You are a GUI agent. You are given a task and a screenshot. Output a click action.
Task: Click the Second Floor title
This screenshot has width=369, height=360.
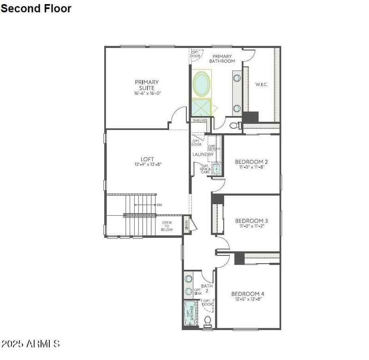point(36,8)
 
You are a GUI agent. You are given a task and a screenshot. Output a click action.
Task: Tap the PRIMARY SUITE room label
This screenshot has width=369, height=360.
point(147,85)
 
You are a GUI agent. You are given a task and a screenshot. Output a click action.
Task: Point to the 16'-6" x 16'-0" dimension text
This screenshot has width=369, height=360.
point(147,93)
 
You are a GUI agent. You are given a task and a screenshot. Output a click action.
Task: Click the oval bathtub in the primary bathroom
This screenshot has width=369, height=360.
point(202,84)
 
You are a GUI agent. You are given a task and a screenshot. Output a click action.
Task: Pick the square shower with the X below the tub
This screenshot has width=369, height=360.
point(201,108)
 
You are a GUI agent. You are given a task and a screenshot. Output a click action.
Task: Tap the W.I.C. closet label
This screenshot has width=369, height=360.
point(262,84)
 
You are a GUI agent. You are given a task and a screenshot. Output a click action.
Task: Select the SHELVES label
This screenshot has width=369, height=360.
point(200,120)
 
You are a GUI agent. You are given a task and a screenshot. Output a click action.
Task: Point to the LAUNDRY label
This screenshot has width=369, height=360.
point(203,154)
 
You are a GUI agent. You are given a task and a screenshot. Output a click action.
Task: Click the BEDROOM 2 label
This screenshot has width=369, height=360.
point(251,162)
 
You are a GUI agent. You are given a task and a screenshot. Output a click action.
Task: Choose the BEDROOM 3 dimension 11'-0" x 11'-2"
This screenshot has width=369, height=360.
point(251,226)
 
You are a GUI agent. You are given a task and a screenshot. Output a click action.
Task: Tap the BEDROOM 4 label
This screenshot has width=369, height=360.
point(248,294)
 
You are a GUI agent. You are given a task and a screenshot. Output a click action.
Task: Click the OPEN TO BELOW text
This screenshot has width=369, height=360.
point(167,226)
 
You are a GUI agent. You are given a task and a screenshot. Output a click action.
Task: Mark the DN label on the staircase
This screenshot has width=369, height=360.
point(160,205)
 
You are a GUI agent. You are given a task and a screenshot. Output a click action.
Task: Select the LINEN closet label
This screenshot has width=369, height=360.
point(187,225)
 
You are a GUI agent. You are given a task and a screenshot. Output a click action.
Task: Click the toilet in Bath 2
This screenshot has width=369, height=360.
point(208,320)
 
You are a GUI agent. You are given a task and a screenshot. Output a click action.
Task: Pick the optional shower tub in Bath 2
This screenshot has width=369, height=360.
point(190,313)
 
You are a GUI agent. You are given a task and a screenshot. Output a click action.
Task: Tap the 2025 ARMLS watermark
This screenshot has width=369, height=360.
point(30,344)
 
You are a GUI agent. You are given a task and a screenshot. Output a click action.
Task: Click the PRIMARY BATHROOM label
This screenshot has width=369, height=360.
point(222,59)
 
